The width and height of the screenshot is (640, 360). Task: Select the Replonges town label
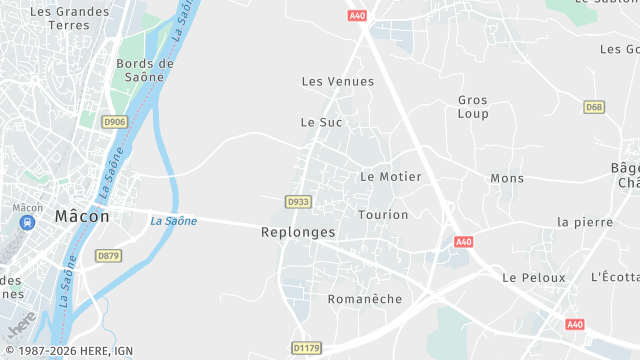click(298, 232)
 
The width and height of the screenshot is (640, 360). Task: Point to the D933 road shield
click(297, 202)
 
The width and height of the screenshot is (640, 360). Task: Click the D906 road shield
click(115, 122)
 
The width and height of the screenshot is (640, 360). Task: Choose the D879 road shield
click(108, 256)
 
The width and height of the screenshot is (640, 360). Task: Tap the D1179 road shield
click(307, 348)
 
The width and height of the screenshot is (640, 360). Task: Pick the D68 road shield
click(595, 107)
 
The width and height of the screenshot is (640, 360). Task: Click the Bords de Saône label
click(145, 71)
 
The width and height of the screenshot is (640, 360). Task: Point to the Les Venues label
click(338, 82)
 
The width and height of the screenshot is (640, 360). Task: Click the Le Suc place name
click(321, 122)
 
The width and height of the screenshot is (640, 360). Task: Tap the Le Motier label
click(390, 177)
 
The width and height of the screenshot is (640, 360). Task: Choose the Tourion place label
click(383, 215)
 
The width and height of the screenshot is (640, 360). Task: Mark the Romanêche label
click(365, 299)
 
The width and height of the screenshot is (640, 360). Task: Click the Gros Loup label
click(473, 107)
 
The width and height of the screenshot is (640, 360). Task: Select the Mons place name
click(507, 179)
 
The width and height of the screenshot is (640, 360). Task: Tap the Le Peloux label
click(534, 277)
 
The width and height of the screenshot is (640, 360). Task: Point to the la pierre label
click(585, 222)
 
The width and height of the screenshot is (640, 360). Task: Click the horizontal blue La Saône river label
click(174, 221)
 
